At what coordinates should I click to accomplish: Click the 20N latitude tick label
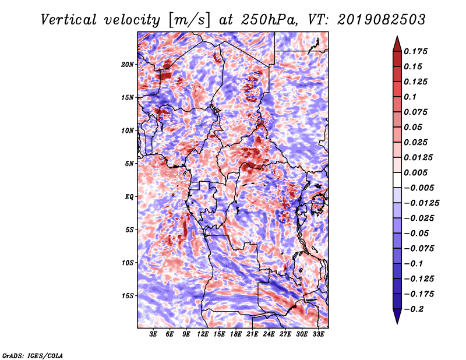[x=128, y=65]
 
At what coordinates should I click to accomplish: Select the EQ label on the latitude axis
[x=129, y=197]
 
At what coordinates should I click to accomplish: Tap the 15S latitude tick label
[x=128, y=296]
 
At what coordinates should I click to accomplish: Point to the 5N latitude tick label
[x=129, y=164]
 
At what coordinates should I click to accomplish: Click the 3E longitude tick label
[x=153, y=334]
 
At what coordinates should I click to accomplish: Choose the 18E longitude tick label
[x=236, y=334]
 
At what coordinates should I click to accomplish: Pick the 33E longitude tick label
[x=318, y=334]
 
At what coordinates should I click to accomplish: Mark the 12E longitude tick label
[x=203, y=334]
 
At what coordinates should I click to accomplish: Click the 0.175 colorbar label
[x=415, y=51]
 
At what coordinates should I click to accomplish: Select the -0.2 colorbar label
[x=414, y=309]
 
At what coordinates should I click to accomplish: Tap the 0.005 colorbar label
[x=415, y=172]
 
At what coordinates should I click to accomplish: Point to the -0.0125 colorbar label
[x=421, y=203]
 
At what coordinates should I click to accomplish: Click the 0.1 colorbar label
[x=410, y=97]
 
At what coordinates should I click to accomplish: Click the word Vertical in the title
[x=68, y=20]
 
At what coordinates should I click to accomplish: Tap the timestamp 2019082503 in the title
[x=382, y=19]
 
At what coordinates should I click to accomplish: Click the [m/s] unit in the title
[x=190, y=20]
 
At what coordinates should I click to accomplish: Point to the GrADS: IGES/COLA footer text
[x=33, y=356]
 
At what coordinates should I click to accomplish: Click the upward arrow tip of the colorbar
[x=397, y=36]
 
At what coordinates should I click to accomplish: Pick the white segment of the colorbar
[x=397, y=180]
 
